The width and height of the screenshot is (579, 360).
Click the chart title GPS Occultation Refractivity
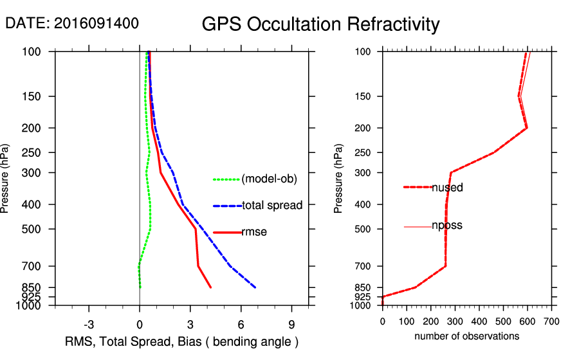click(320, 24)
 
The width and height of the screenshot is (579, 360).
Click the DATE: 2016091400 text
click(72, 23)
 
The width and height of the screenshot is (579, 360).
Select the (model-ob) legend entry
click(269, 179)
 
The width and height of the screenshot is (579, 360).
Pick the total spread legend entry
click(272, 206)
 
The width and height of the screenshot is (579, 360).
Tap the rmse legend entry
click(254, 232)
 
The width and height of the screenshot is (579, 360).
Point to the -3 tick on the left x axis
click(89, 324)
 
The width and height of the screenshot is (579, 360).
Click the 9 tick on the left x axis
click(291, 324)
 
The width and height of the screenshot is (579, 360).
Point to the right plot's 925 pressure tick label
click(363, 297)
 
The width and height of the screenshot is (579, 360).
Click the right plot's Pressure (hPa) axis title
click(338, 179)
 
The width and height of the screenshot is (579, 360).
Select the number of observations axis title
click(466, 336)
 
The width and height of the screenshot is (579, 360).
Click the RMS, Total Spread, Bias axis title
click(181, 341)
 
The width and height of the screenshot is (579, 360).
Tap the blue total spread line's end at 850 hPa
click(255, 287)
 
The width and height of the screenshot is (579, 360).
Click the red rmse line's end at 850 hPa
click(210, 287)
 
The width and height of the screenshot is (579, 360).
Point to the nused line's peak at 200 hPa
click(526, 128)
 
